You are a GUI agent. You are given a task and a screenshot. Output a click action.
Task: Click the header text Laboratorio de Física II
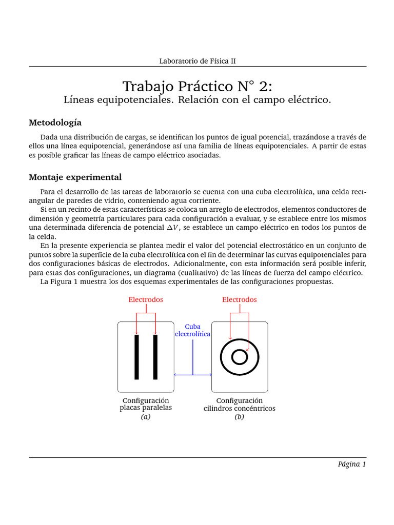coord(198,60)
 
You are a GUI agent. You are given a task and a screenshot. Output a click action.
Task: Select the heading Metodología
coord(55,123)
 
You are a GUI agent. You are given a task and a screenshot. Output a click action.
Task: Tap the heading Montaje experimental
coord(75,177)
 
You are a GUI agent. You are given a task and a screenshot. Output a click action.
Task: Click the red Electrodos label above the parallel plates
coord(146,299)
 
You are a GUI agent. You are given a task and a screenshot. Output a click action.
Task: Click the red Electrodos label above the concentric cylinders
coord(239,299)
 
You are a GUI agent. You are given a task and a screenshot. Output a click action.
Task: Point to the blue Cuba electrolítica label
coord(192,330)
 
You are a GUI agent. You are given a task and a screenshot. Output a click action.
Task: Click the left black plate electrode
coord(136,357)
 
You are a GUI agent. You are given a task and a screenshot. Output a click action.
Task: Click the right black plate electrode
coord(155,357)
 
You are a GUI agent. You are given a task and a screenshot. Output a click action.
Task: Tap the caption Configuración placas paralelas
coord(146,404)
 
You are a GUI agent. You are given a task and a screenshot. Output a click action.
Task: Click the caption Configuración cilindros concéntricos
coord(239,404)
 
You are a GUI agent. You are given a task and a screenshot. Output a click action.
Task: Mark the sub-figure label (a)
coord(146,417)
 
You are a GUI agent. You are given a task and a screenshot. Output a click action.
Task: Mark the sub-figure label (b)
coord(239,417)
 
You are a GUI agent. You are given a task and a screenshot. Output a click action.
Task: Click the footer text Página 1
coord(351,464)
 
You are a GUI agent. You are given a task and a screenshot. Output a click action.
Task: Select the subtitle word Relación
coord(198,100)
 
